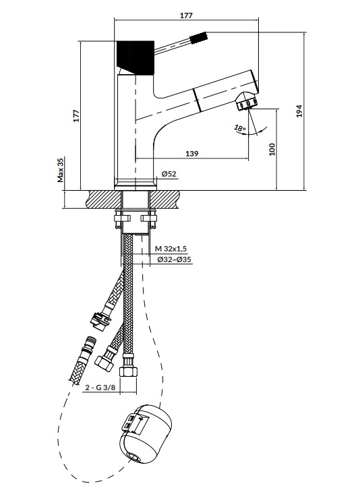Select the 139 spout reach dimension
[x=191, y=154]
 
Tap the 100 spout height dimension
[x=272, y=149]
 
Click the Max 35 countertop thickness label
[x=61, y=170]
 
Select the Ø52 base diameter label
[x=169, y=175]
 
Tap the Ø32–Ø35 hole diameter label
[x=174, y=259]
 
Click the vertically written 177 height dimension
[x=77, y=115]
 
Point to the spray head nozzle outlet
[x=247, y=103]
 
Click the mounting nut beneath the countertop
[x=136, y=218]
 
